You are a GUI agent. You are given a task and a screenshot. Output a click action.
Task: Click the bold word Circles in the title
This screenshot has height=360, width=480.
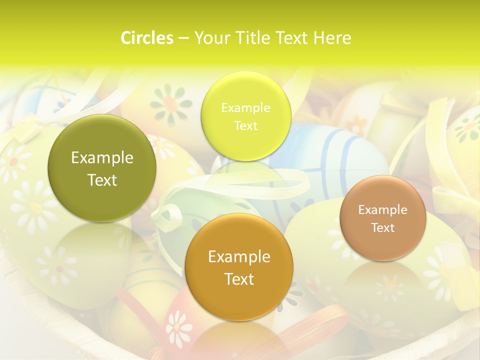click(x=147, y=38)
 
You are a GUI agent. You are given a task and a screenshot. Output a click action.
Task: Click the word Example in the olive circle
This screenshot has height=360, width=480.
click(x=102, y=158)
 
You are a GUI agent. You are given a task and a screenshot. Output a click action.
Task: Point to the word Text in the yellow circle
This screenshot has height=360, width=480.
click(x=245, y=126)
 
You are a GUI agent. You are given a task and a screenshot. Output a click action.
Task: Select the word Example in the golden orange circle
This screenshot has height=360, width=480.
click(x=239, y=257)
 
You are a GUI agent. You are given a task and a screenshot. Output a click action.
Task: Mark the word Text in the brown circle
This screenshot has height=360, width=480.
click(x=383, y=228)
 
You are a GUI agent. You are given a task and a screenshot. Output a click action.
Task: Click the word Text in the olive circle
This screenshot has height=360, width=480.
click(x=102, y=180)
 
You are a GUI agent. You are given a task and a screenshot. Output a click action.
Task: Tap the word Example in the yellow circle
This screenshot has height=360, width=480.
click(x=245, y=108)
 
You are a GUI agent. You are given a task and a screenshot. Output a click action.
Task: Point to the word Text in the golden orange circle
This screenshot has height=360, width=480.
click(x=239, y=279)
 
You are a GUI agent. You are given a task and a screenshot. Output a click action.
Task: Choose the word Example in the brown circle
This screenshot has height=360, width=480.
click(x=383, y=210)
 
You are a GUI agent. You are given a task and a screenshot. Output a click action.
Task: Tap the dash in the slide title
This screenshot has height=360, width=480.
click(x=183, y=38)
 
